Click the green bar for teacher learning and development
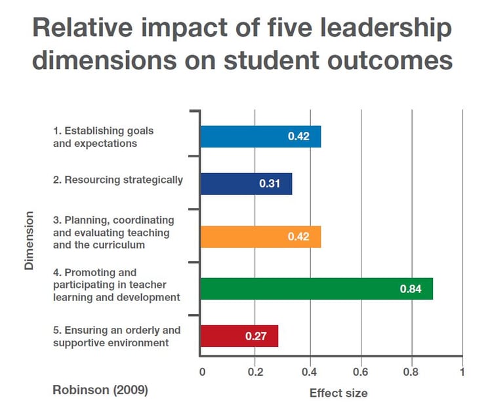(x=316, y=289)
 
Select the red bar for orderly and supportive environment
(x=239, y=336)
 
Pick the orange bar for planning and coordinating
(x=260, y=236)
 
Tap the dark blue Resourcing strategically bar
(x=245, y=184)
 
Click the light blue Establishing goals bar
(x=260, y=136)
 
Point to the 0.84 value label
(x=411, y=289)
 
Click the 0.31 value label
(x=270, y=184)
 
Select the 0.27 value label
(x=256, y=336)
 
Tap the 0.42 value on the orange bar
(x=298, y=236)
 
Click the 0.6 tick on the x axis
(x=360, y=372)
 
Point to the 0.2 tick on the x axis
(x=255, y=372)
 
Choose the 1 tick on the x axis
(x=462, y=372)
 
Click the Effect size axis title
(x=338, y=393)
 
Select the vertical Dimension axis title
(x=29, y=240)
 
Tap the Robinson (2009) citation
(x=100, y=389)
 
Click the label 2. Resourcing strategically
(x=118, y=180)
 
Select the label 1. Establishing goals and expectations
(x=103, y=137)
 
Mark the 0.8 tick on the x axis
(x=412, y=372)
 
